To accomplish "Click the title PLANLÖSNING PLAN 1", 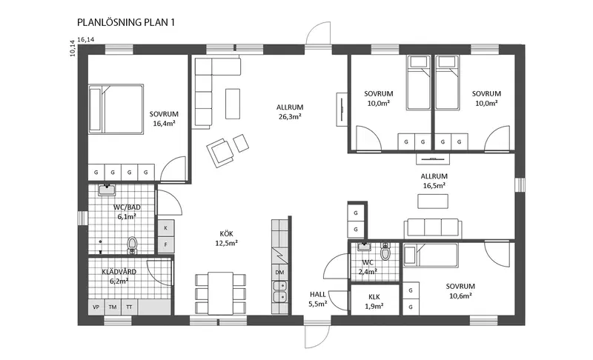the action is click(126, 22).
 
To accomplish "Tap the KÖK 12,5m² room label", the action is click(226, 239).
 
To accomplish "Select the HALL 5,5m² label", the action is click(318, 299).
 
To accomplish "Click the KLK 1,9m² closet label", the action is click(374, 301).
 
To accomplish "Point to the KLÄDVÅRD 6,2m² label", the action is click(119, 276).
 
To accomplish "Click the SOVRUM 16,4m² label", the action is click(164, 119).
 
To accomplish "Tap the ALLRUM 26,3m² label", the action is click(290, 112).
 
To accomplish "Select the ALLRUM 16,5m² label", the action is click(434, 181).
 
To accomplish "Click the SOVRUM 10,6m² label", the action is click(460, 291).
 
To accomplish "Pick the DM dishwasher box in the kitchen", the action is click(279, 273).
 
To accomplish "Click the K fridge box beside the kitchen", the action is click(165, 228).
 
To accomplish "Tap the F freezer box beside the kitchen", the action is click(165, 244).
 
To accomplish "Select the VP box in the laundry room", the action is click(96, 307).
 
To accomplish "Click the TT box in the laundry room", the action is click(129, 307).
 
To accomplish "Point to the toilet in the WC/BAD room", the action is click(132, 244).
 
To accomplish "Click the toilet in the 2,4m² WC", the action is click(385, 252).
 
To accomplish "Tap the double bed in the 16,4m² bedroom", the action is click(116, 109).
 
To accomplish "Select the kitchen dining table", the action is click(220, 293).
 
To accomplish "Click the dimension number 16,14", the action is click(86, 39).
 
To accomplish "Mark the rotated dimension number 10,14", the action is click(73, 48).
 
